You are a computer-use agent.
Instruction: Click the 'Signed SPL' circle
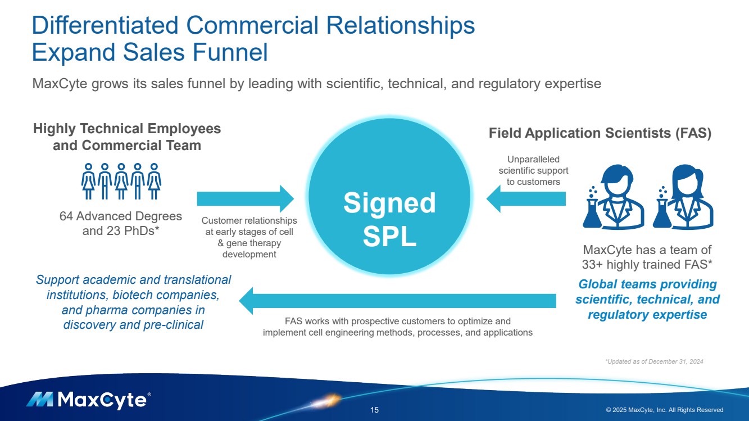(389, 197)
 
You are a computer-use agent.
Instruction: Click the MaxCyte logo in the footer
(88, 400)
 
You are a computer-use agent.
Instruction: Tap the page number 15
(375, 410)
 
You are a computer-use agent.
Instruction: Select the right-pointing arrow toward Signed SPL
(245, 198)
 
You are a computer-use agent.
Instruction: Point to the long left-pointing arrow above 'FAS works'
(397, 301)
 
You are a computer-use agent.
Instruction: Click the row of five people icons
(121, 181)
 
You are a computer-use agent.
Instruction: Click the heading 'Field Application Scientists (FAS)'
(600, 133)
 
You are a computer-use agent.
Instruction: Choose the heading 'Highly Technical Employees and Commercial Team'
(127, 137)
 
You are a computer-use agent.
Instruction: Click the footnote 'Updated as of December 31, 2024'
(654, 361)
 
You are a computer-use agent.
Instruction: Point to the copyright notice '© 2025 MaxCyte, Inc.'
(664, 410)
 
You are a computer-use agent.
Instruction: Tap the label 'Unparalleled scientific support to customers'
(533, 170)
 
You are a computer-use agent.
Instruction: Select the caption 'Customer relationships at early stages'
(249, 237)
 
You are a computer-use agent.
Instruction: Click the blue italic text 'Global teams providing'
(647, 284)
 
